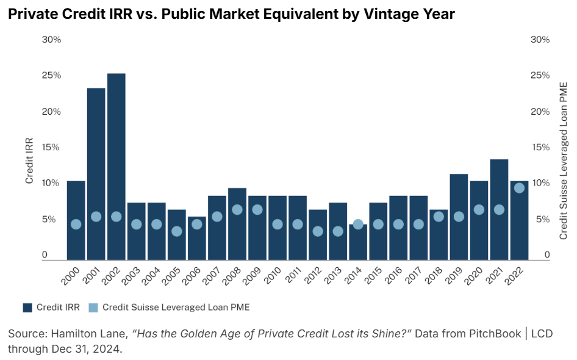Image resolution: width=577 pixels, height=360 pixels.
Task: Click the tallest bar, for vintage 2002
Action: click(x=116, y=165)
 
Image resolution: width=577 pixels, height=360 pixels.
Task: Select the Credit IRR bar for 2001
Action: click(x=96, y=171)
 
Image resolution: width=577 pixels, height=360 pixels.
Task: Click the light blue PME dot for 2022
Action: click(x=519, y=188)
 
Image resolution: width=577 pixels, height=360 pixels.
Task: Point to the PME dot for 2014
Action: click(x=358, y=224)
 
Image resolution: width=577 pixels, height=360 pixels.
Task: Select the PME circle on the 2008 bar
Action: click(x=237, y=209)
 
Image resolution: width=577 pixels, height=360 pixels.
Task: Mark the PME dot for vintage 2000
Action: click(x=76, y=224)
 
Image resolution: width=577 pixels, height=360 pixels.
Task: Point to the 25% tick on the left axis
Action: click(x=51, y=75)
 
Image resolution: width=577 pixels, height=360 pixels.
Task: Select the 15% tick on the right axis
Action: click(x=540, y=147)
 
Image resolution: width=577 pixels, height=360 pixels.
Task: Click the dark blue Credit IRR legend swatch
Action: click(x=27, y=308)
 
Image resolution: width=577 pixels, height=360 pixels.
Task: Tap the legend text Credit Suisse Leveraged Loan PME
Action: click(x=176, y=308)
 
